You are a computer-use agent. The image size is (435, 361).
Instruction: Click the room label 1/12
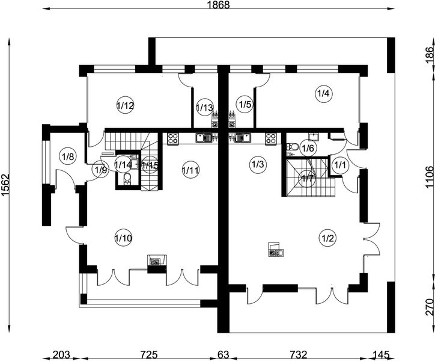click(125, 105)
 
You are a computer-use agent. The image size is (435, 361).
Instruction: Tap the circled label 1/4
click(323, 94)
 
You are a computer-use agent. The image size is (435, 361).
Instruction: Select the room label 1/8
click(68, 157)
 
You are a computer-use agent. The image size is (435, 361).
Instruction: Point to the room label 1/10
click(123, 238)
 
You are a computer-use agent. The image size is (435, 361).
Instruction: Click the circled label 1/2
click(327, 238)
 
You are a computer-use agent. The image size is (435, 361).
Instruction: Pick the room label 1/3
click(258, 164)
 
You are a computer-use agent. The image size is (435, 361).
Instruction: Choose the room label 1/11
click(190, 170)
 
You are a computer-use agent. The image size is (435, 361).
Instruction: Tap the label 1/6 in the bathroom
click(308, 149)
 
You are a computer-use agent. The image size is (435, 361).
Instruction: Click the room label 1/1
click(340, 165)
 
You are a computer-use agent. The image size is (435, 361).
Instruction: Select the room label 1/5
click(245, 105)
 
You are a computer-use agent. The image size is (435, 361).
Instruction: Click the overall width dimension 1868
click(219, 5)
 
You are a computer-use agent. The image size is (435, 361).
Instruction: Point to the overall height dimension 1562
click(5, 185)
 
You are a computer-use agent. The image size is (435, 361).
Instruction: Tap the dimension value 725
click(148, 355)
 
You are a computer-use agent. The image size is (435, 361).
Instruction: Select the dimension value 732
click(299, 355)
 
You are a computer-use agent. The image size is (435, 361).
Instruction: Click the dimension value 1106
click(429, 177)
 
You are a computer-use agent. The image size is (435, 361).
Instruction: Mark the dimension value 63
click(223, 355)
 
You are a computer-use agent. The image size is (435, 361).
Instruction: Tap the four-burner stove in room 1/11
click(173, 138)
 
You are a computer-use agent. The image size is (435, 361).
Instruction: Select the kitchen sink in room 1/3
click(243, 138)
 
